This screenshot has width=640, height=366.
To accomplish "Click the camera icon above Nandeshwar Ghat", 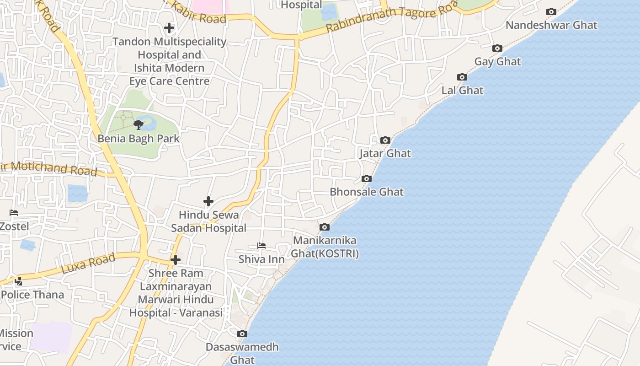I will click(551, 12).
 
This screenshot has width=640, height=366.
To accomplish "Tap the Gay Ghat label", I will click(497, 61).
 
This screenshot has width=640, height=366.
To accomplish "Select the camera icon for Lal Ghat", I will click(462, 77).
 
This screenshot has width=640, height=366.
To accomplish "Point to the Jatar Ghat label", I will click(385, 153).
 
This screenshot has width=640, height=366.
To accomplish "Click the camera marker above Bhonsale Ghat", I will click(367, 179).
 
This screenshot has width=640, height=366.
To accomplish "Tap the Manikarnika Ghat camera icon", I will click(324, 227).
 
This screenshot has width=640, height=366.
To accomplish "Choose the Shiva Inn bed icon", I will click(261, 246).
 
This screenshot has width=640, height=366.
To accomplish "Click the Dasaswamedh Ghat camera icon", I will click(242, 334).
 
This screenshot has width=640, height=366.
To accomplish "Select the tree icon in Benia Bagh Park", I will click(139, 125).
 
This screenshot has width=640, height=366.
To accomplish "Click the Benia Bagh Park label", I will click(139, 138).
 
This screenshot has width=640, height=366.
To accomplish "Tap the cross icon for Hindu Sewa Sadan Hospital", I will click(208, 201).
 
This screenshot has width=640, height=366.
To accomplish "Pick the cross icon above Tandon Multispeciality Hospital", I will click(169, 28).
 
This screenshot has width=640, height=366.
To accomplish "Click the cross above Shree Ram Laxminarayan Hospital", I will click(175, 260).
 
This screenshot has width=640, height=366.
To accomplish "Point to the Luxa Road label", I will click(88, 264).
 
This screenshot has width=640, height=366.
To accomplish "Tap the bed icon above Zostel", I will click(14, 213).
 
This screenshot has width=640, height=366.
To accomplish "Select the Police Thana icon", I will click(19, 281).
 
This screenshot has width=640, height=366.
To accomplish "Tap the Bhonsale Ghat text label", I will click(367, 192).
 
